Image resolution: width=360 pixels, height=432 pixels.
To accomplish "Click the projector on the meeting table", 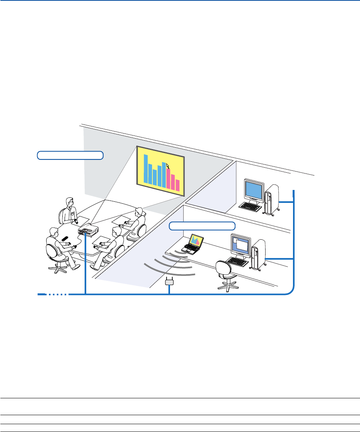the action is coord(88,230).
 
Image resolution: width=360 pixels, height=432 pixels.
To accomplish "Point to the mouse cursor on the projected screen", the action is coord(168,166).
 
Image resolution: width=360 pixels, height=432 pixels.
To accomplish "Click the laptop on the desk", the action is coord(194,244).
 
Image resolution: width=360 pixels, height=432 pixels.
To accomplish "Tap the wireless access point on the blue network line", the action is coord(169,281).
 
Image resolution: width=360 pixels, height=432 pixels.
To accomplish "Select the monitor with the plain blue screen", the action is coord(254,191).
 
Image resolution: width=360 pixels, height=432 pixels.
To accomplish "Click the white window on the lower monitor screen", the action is coord(242,246).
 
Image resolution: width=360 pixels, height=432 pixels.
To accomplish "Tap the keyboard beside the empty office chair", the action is coord(238,261).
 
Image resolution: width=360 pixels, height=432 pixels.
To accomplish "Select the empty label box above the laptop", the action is coord(203,226).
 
